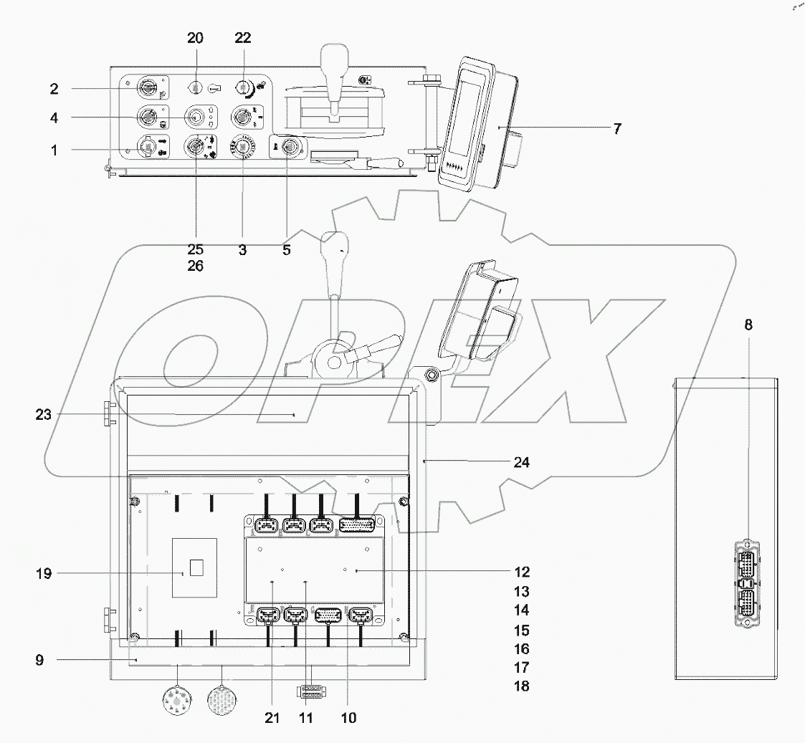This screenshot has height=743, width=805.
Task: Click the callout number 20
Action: point(196,38)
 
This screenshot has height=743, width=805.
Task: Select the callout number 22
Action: point(243,38)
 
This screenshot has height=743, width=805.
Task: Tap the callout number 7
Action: point(617,129)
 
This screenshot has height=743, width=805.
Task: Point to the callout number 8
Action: point(748,325)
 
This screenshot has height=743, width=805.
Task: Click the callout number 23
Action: point(44,414)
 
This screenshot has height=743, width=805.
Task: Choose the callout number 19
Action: point(44,573)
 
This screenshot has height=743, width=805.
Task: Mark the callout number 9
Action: point(39,660)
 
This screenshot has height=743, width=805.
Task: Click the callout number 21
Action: point(272,717)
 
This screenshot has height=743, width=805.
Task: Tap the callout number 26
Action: point(195,266)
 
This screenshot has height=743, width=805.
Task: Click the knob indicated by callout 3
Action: point(242,147)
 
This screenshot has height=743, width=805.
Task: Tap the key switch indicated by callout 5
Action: point(290,147)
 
